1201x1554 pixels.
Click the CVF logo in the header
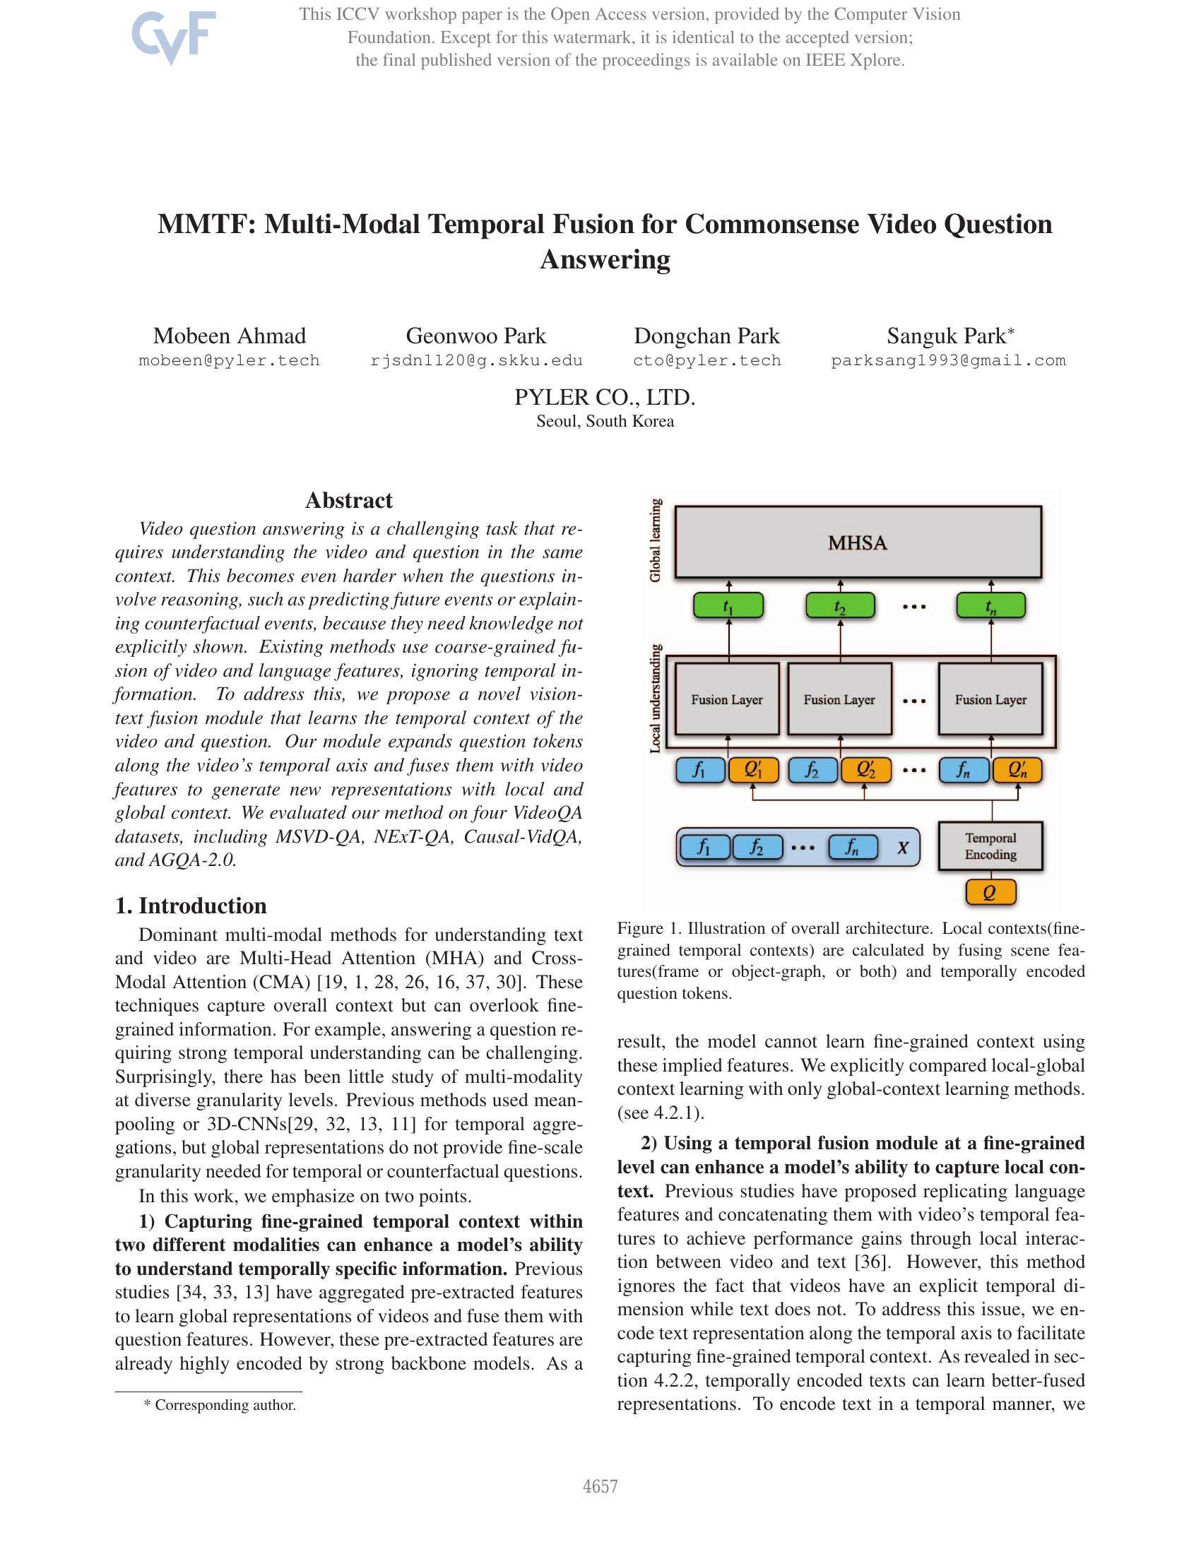[x=173, y=37]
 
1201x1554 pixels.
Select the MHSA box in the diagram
[x=858, y=542]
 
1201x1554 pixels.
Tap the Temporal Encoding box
[x=990, y=846]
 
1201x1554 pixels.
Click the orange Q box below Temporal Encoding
[x=990, y=892]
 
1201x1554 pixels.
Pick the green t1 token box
[x=728, y=606]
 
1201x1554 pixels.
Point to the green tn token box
[x=990, y=606]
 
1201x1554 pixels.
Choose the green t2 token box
[x=839, y=606]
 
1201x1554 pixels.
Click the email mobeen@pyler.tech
[x=229, y=361]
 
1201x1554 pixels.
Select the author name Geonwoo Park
[x=475, y=336]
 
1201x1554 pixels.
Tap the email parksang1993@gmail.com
[x=947, y=361]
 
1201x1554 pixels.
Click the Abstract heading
[x=348, y=500]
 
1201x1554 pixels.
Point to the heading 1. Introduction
[x=191, y=906]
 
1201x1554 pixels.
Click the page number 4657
[x=600, y=1486]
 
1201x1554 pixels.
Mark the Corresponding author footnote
[x=220, y=1405]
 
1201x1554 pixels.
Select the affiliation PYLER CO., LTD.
[x=605, y=397]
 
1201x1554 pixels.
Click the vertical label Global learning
[x=656, y=540]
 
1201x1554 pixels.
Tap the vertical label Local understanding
[x=656, y=698]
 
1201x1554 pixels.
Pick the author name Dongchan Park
[x=706, y=336]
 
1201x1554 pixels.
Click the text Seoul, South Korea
[x=605, y=421]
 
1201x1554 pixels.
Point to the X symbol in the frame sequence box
[x=902, y=848]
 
